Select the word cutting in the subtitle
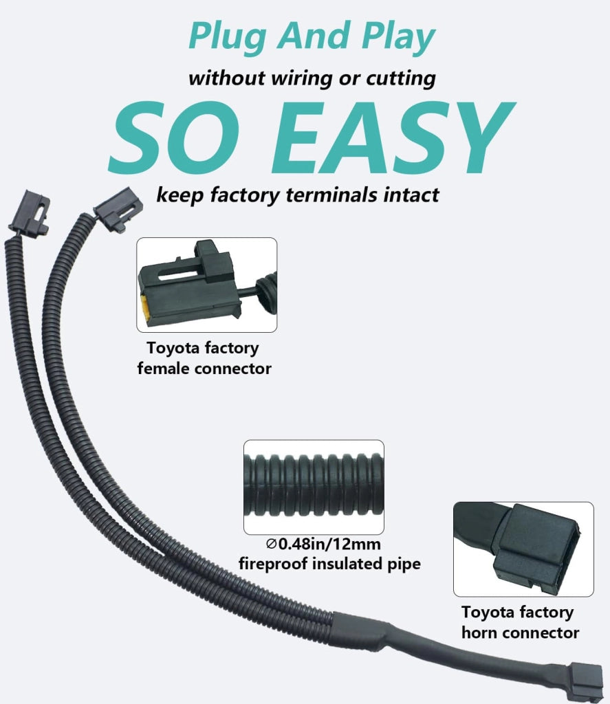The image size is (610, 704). point(401,79)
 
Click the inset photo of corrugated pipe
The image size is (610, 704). point(314,487)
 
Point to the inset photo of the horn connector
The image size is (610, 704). point(523,549)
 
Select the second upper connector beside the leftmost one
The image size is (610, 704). point(118,209)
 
